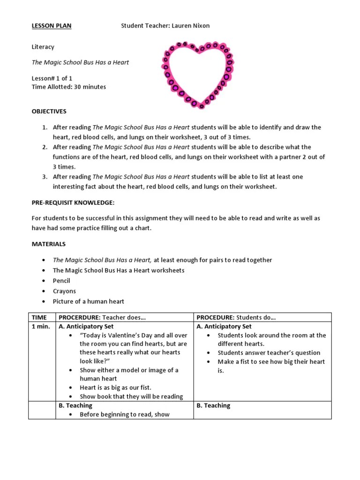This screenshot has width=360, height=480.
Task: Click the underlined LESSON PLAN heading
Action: pos(52,26)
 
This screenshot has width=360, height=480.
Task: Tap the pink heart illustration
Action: pos(198,74)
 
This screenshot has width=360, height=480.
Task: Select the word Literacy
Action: pos(43,47)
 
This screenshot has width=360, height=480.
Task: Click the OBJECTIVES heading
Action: pos(49,112)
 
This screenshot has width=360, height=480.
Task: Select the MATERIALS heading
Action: pos(49,244)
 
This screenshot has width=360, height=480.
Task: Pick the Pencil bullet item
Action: pos(61,281)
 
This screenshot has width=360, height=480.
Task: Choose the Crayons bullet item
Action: pos(64,291)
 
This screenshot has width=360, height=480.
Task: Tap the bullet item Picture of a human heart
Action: pos(89,301)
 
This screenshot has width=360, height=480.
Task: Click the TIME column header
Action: pos(39,318)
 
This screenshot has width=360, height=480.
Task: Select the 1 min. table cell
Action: pos(41,326)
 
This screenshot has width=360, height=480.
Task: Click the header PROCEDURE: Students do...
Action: pos(236,318)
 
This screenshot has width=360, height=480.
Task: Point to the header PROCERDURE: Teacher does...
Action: pos(102,318)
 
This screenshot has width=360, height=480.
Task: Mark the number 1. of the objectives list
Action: pos(45,127)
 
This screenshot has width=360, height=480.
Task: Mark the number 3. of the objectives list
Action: pos(45,177)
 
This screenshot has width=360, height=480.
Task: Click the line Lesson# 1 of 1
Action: pos(52,78)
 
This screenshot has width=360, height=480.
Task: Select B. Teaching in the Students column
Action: pos(213,405)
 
